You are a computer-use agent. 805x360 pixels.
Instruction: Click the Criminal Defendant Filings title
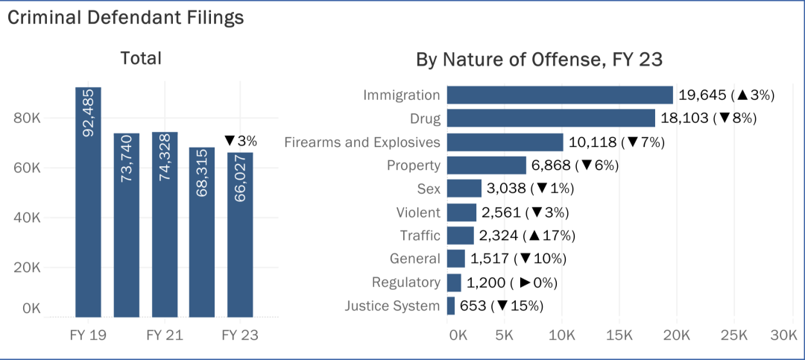[x=126, y=18]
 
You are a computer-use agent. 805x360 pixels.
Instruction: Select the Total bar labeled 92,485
[x=88, y=201]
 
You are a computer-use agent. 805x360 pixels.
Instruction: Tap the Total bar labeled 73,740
[x=126, y=224]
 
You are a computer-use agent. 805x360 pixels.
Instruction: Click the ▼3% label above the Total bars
[x=240, y=140]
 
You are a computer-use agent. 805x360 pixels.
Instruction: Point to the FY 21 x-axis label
[x=164, y=335]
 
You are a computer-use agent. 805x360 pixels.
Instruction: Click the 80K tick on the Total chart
[x=28, y=119]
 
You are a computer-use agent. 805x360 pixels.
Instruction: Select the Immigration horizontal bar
[x=560, y=95]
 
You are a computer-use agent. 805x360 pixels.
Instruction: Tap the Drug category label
[x=425, y=119]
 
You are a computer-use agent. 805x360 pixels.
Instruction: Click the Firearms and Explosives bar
[x=505, y=142]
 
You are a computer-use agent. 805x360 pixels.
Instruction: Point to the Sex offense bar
[x=464, y=189]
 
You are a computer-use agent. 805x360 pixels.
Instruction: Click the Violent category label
[x=418, y=212]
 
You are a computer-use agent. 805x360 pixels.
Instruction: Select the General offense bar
[x=455, y=259]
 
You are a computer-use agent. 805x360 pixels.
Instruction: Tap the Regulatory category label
[x=406, y=282]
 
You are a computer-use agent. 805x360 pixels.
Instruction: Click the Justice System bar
[x=450, y=306]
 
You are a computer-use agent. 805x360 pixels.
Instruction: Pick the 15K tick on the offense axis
[x=619, y=335]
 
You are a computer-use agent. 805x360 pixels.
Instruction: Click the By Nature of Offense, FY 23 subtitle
[x=540, y=60]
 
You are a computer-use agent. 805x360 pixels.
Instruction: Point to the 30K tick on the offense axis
[x=783, y=335]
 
